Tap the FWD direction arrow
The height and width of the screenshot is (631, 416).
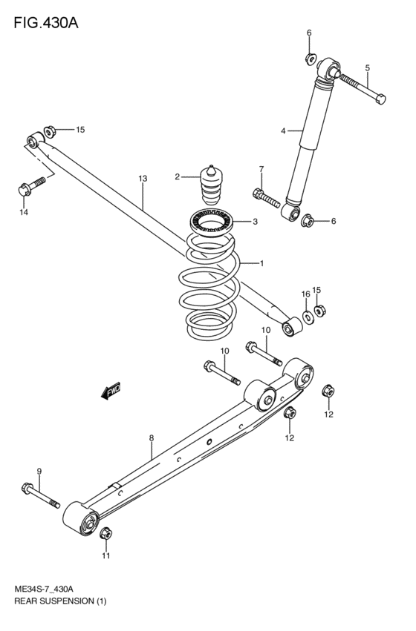coord(112,391)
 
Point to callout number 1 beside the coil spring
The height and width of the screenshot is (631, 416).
coord(261,263)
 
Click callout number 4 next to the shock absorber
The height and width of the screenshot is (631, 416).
coord(282,131)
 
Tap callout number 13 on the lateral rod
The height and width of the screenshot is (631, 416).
coord(143,178)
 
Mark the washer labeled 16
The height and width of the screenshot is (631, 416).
coord(308,317)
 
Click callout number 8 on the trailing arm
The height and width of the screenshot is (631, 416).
coord(151,438)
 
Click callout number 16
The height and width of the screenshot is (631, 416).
coord(305,294)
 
